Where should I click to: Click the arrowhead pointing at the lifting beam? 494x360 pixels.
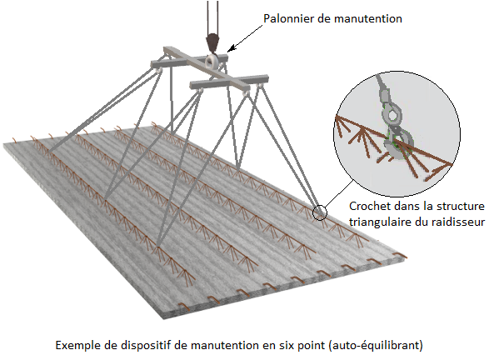[232, 48]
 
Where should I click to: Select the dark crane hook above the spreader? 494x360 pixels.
[212, 42]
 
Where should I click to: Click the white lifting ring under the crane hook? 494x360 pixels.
[212, 61]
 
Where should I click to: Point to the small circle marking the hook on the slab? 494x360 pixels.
[320, 212]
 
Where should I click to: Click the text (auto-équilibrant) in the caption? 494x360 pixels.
[376, 346]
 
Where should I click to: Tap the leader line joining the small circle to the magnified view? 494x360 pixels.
[339, 193]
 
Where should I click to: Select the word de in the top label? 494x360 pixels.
[324, 18]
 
